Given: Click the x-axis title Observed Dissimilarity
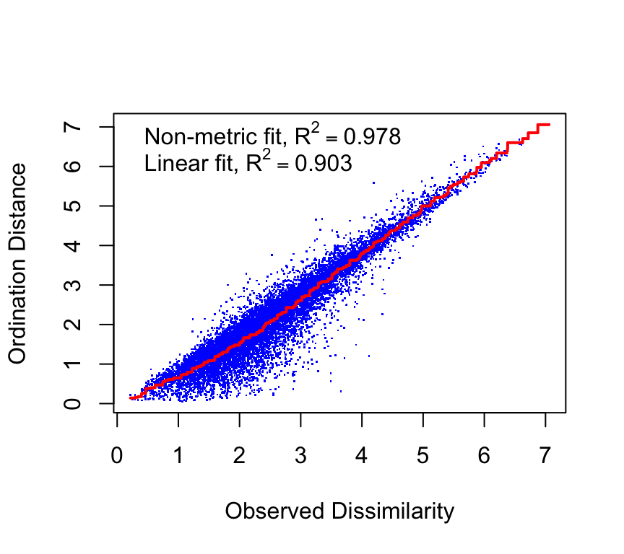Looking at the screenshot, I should pos(339,511).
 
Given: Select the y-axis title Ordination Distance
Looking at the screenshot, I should pos(19,263).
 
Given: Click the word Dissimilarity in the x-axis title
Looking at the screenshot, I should pos(393,511).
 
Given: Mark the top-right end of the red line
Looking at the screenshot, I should pos(549,125).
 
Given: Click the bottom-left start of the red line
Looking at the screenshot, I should pos(130,397).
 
